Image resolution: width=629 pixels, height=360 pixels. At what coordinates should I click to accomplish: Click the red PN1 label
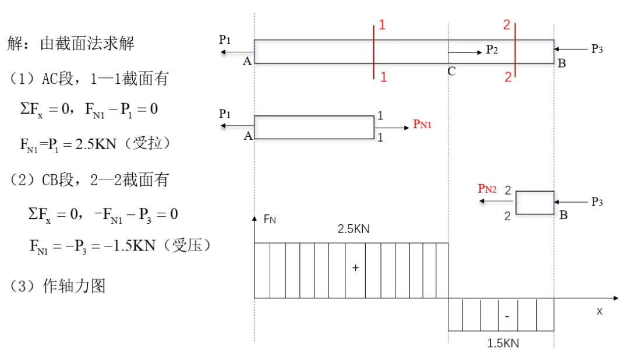pos(422,123)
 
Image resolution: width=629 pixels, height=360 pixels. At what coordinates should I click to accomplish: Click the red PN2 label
pos(487,189)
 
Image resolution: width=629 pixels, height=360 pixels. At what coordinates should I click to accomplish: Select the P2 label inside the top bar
pos(492,50)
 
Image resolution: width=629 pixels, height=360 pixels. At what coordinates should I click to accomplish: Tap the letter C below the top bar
pos(451,72)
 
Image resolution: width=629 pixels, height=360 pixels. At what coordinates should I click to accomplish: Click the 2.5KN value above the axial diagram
pos(354,229)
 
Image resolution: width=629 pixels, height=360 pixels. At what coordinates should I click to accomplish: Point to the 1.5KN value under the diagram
pos(503,343)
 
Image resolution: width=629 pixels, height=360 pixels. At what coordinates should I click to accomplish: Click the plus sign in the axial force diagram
pos(355,267)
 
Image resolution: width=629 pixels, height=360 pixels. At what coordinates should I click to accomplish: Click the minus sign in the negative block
pos(507,316)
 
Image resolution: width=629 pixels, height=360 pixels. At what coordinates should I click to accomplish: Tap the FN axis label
pos(270,220)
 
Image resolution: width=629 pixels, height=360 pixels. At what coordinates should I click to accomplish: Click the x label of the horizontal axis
pos(599,311)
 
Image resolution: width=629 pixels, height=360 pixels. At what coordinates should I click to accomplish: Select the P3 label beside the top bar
pos(596,49)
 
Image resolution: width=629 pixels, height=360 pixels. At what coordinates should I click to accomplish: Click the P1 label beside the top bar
pos(225,40)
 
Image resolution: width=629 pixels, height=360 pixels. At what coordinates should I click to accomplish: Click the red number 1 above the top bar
pos(382,24)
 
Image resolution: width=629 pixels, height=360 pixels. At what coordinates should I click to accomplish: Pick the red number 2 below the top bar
pos(508,77)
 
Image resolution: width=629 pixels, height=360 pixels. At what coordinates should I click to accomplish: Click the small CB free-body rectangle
pos(535,203)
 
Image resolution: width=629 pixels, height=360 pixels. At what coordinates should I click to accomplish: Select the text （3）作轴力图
pos(57,286)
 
